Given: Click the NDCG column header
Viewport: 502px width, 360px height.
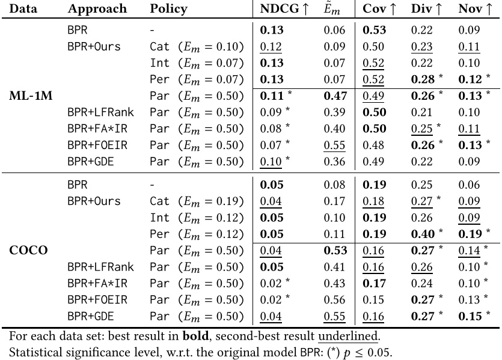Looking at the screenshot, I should (280, 9).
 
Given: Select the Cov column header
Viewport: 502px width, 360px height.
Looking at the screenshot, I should (376, 9).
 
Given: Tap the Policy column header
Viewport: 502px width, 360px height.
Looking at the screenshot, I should (168, 9).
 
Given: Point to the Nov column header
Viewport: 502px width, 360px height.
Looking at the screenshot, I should (475, 9).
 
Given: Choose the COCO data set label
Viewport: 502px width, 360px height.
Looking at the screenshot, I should (28, 251).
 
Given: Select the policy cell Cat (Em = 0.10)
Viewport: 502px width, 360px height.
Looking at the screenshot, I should (197, 47).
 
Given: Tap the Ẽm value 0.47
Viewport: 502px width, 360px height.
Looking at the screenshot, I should (335, 96).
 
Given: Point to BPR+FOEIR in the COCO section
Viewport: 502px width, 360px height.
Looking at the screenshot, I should (94, 299).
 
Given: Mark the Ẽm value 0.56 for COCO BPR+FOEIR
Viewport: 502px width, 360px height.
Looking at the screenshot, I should (335, 299).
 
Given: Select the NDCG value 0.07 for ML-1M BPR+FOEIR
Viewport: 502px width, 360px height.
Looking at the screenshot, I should (271, 144).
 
